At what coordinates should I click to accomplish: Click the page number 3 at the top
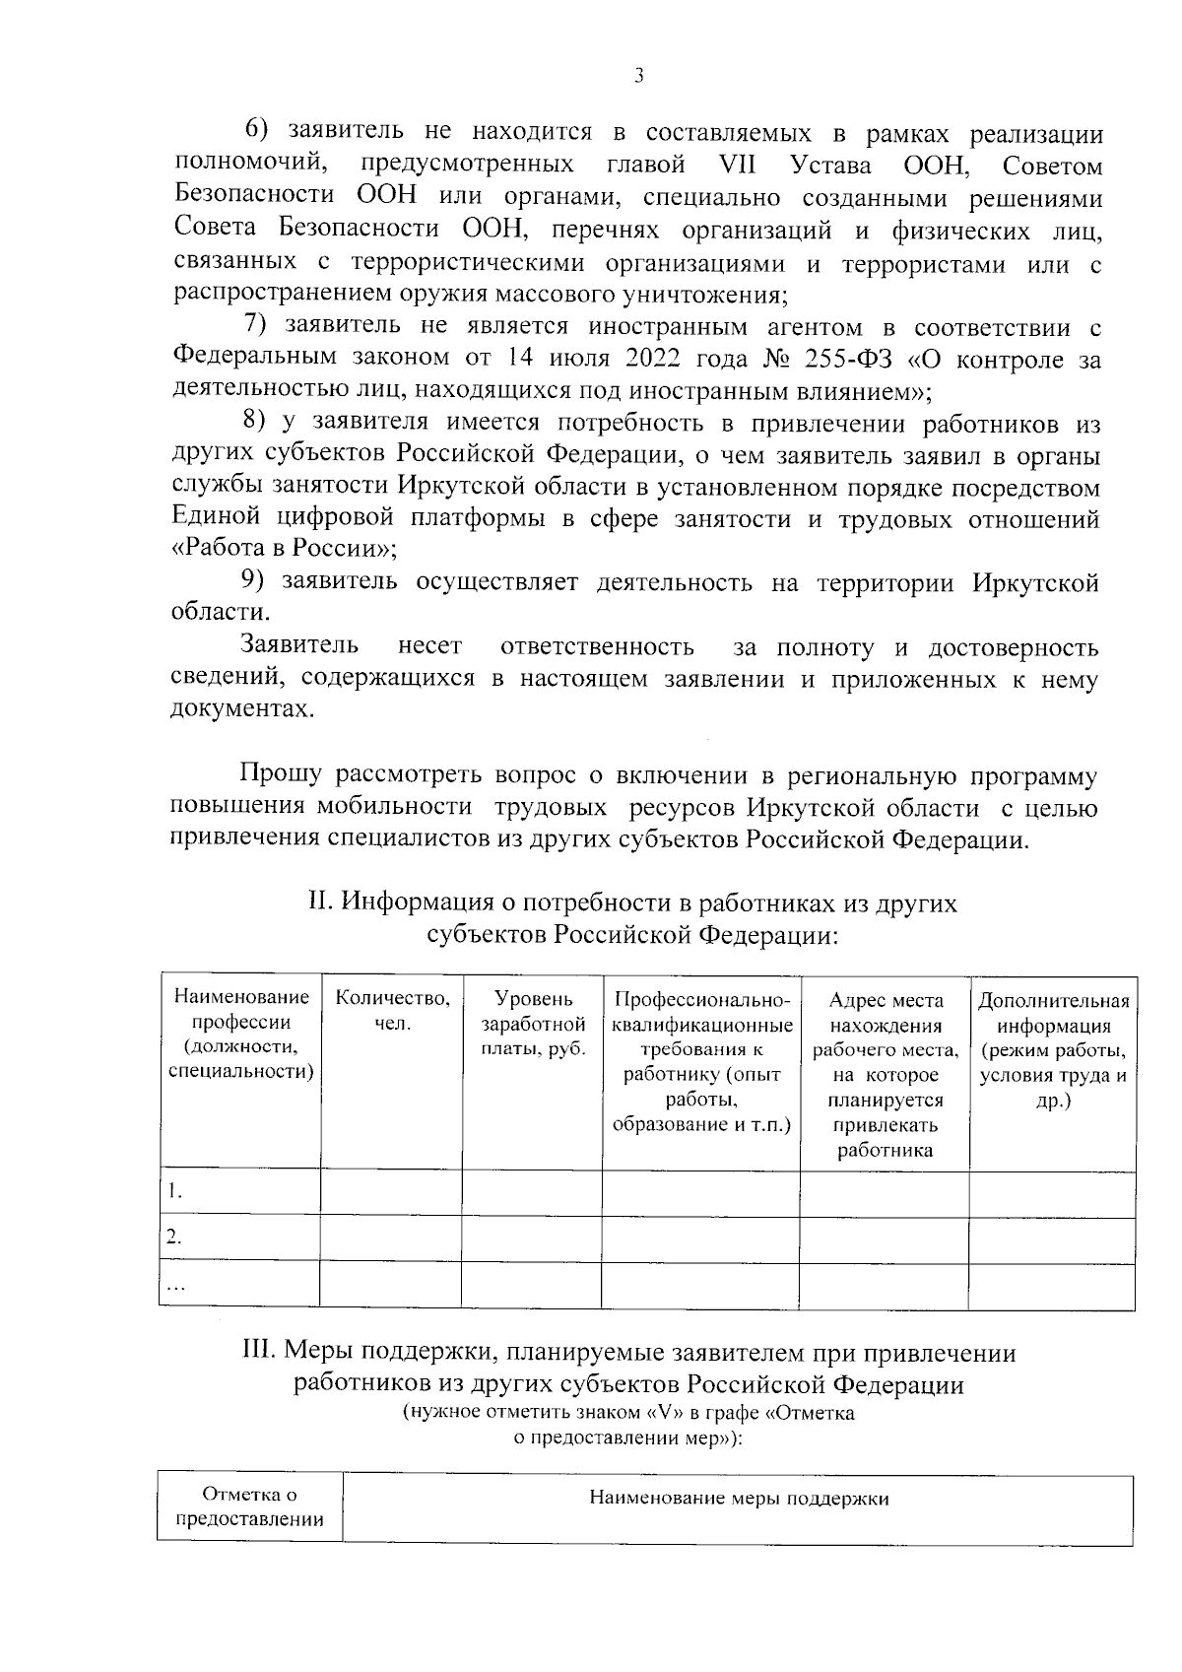(639, 76)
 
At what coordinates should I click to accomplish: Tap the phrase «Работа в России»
(285, 549)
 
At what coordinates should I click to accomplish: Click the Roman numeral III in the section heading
(259, 1353)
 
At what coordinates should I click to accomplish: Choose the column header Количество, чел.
(392, 1012)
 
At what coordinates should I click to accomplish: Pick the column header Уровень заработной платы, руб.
(532, 1025)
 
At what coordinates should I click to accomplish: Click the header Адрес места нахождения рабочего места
(885, 1074)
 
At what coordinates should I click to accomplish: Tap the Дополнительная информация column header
(1053, 1049)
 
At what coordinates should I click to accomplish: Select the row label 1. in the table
(174, 1191)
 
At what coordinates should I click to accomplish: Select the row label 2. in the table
(174, 1238)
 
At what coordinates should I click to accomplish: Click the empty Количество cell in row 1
(391, 1193)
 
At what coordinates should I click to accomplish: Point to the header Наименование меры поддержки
(739, 1499)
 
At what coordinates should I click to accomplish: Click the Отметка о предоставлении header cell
(249, 1507)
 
